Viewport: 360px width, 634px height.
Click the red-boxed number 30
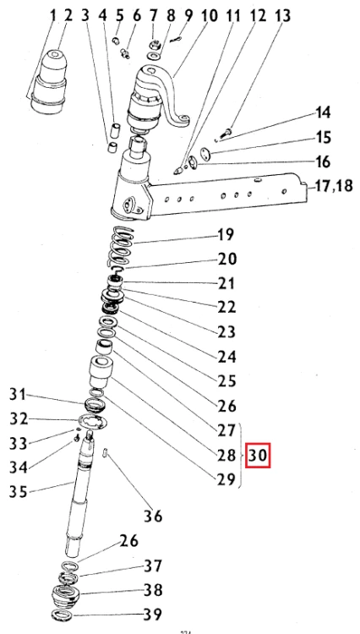pyautogui.click(x=259, y=456)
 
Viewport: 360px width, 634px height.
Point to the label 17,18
pyautogui.click(x=335, y=187)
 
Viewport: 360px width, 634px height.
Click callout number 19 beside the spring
pyautogui.click(x=226, y=234)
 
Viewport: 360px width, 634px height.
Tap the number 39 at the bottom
pyautogui.click(x=152, y=613)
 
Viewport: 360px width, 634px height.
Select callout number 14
pyautogui.click(x=300, y=112)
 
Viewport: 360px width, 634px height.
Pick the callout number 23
pyautogui.click(x=226, y=331)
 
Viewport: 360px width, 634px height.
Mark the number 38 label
pyautogui.click(x=152, y=590)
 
